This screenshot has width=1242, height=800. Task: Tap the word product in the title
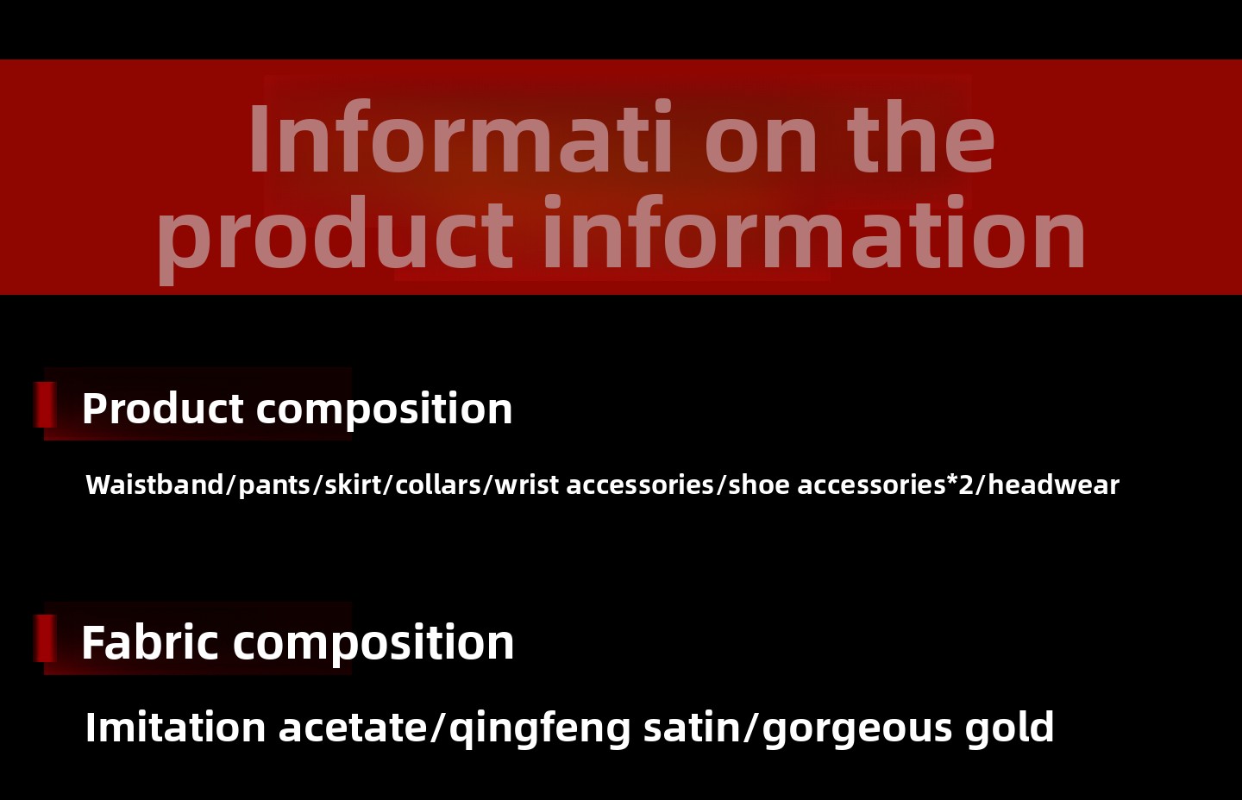pos(335,238)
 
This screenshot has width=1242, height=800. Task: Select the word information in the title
pos(813,233)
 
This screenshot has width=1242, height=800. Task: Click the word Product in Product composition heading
pos(162,409)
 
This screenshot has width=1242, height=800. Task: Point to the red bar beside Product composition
pos(45,404)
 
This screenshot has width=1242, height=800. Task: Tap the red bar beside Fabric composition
pos(45,638)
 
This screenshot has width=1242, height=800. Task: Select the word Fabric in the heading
pos(150,642)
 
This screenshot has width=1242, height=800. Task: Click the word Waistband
pos(154,484)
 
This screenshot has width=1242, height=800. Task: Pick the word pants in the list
pos(275,486)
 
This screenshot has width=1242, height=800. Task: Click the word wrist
pos(527,484)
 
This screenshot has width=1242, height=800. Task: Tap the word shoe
pos(759,484)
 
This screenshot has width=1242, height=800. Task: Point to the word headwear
pos(1053,484)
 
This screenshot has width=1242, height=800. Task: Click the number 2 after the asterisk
pos(966,484)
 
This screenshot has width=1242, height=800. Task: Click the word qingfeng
pos(539,730)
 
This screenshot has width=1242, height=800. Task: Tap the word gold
pos(1009,728)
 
